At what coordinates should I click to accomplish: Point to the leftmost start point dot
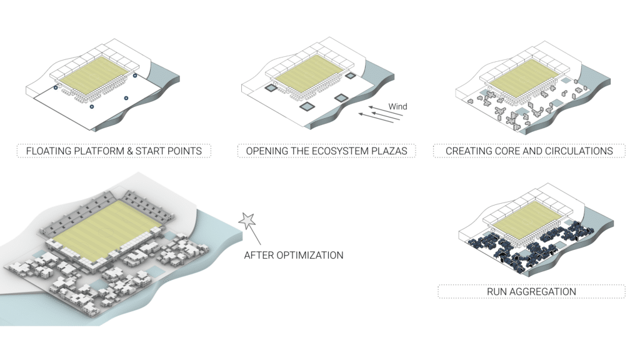[55, 88]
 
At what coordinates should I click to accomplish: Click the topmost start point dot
[135, 76]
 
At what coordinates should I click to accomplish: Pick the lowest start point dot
[92, 107]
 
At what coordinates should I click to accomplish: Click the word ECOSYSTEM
[338, 151]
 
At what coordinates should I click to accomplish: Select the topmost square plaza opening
[351, 76]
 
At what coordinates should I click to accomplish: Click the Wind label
[397, 106]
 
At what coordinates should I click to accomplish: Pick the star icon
[247, 220]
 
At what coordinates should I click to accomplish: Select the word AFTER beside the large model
[259, 255]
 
